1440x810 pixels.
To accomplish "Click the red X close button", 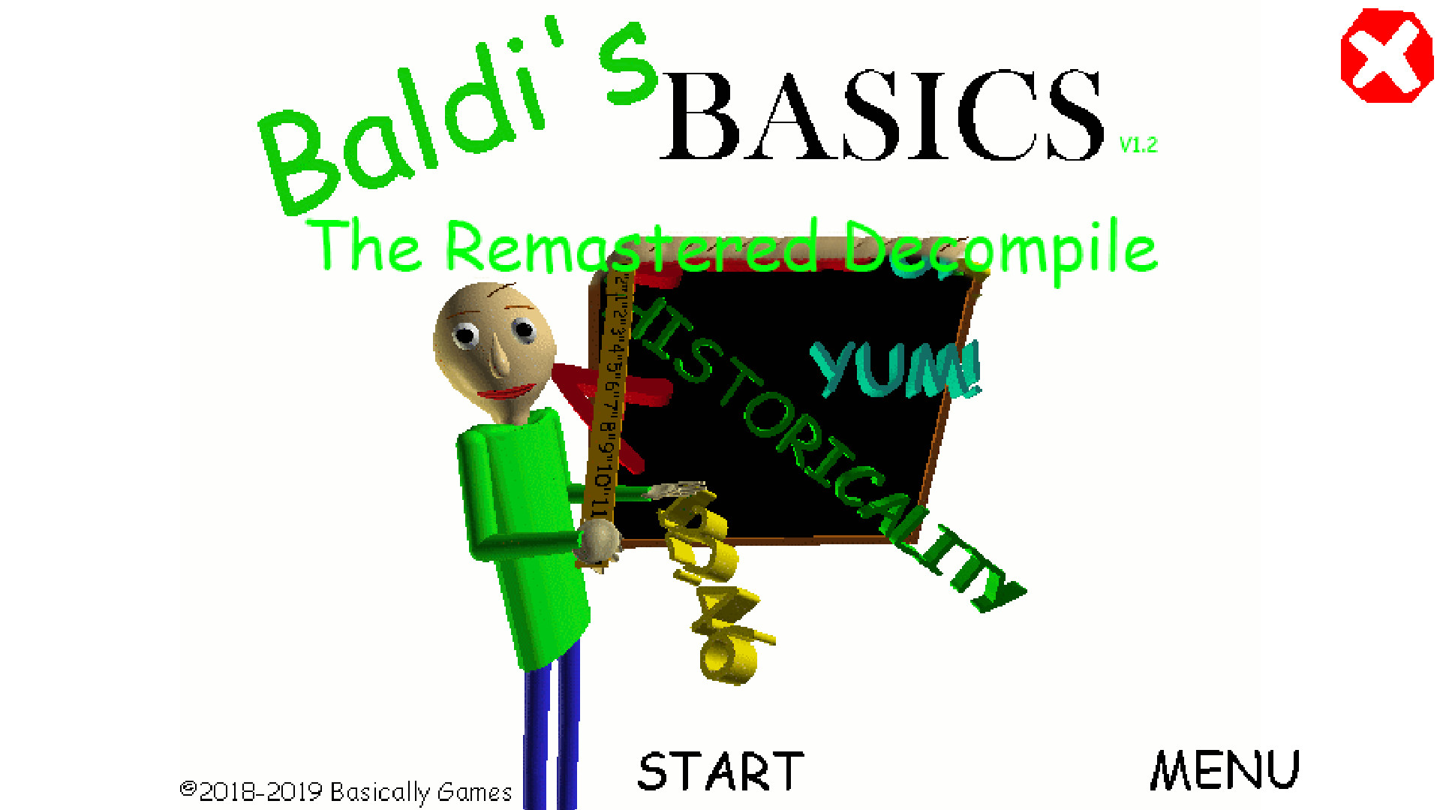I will point(1386,56).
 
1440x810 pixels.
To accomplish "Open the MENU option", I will point(1225,770).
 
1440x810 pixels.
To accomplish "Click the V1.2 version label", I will point(1138,145).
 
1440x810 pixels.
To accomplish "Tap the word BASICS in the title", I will point(882,116).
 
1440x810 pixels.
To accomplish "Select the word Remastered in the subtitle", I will point(630,248).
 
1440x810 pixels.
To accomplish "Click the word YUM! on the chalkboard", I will point(897,369).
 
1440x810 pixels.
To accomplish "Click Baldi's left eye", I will point(466,335).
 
